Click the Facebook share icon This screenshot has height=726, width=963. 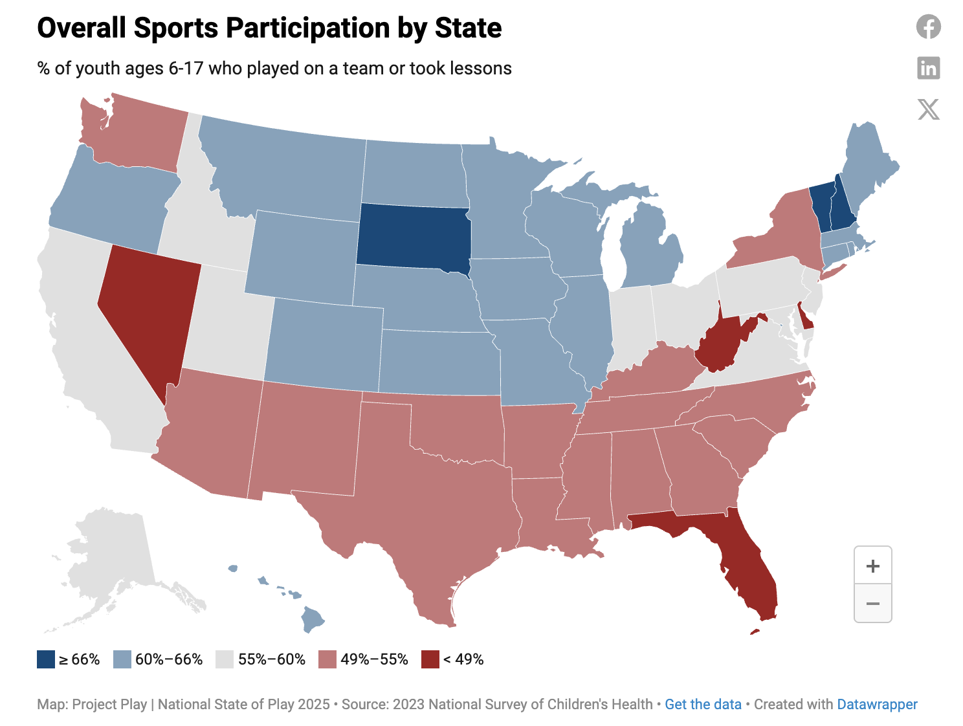click(x=928, y=27)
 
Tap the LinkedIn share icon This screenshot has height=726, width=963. click(x=928, y=68)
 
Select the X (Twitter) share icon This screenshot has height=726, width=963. click(x=928, y=109)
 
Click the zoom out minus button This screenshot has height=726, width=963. click(x=872, y=604)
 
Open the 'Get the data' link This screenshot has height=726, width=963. click(x=703, y=704)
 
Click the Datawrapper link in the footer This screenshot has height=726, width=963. click(x=877, y=704)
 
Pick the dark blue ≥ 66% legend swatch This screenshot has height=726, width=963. click(x=46, y=659)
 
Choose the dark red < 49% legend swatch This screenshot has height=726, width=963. click(x=430, y=659)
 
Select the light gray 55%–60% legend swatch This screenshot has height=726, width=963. click(x=224, y=659)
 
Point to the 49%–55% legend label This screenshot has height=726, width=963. click(x=374, y=659)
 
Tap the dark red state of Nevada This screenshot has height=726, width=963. click(x=149, y=304)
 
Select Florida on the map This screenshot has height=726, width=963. click(x=751, y=569)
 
